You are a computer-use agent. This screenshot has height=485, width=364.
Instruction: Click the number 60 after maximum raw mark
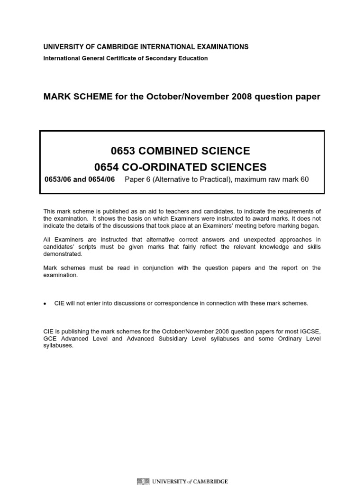304,179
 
